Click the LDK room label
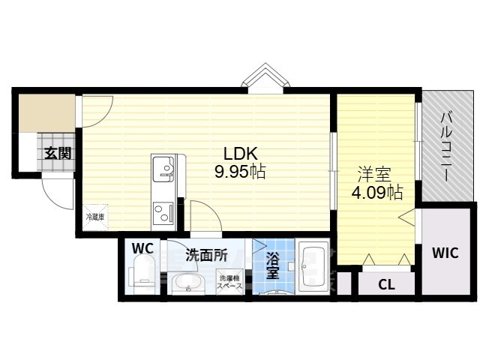pyautogui.click(x=240, y=154)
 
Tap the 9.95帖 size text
pyautogui.click(x=239, y=172)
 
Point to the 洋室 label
pyautogui.click(x=375, y=175)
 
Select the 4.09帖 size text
pyautogui.click(x=376, y=193)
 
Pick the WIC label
pyautogui.click(x=445, y=253)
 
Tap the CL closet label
pyautogui.click(x=387, y=285)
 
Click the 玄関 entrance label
pyautogui.click(x=58, y=153)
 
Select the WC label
pyautogui.click(x=142, y=248)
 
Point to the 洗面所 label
pyautogui.click(x=207, y=255)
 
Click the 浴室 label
pyautogui.click(x=272, y=265)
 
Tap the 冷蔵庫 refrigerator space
pyautogui.click(x=95, y=217)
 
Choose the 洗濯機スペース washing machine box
pyautogui.click(x=230, y=282)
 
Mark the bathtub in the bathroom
pyautogui.click(x=313, y=267)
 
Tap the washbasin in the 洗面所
pyautogui.click(x=187, y=283)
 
